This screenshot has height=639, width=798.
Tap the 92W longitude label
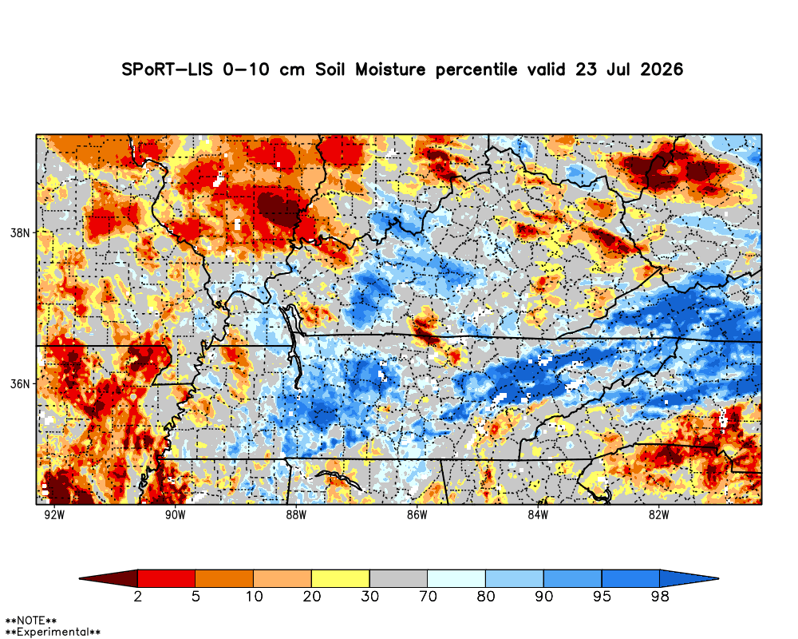click(54, 515)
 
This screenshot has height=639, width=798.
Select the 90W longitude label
click(175, 515)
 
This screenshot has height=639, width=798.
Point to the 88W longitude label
click(296, 515)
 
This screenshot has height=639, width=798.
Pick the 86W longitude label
click(417, 515)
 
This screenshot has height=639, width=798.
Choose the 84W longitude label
click(538, 515)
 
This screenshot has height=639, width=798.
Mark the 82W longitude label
click(658, 515)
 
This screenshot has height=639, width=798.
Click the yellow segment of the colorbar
click(341, 579)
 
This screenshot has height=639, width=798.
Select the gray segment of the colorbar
click(398, 579)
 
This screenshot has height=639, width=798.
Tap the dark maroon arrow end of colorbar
click(109, 579)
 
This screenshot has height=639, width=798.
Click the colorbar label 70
click(428, 597)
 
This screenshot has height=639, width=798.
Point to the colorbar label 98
click(660, 597)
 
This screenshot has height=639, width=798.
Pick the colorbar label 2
click(138, 597)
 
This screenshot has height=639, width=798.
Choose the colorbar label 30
click(370, 597)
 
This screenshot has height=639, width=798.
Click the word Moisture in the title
click(390, 69)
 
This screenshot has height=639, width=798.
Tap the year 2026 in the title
click(662, 69)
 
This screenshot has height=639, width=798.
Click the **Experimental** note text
click(53, 632)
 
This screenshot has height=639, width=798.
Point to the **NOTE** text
click(31, 621)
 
